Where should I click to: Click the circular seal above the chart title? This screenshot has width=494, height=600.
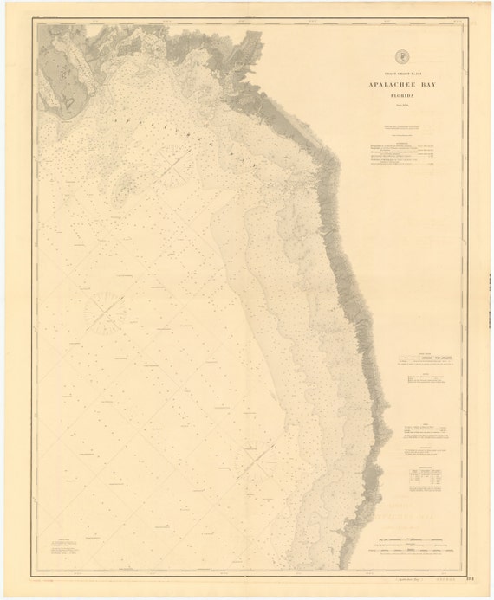click(400, 57)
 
